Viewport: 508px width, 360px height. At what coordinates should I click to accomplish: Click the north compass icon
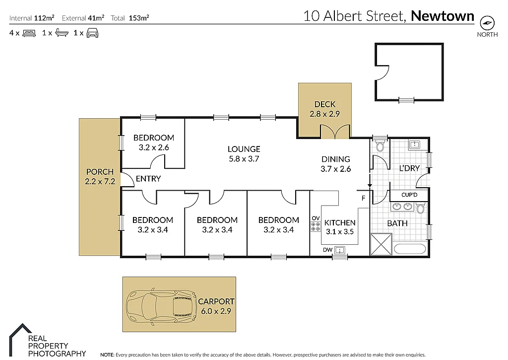pyautogui.click(x=488, y=22)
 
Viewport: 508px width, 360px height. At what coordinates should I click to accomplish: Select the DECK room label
pyautogui.click(x=325, y=104)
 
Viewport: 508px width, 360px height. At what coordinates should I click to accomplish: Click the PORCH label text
pyautogui.click(x=100, y=172)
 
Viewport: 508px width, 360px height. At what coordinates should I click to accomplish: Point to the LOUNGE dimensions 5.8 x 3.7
pyautogui.click(x=244, y=159)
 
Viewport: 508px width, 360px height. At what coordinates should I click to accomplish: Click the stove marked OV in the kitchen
pyautogui.click(x=316, y=226)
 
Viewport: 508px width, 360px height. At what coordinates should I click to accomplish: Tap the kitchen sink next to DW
pyautogui.click(x=340, y=250)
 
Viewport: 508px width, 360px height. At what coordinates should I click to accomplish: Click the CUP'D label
pyautogui.click(x=409, y=195)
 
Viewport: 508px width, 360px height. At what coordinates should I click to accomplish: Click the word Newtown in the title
pyautogui.click(x=443, y=16)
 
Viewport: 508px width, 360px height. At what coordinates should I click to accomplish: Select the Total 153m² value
pyautogui.click(x=139, y=18)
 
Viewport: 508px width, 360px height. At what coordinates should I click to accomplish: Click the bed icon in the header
pyautogui.click(x=29, y=33)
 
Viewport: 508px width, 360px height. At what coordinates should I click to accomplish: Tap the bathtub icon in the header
pyautogui.click(x=62, y=33)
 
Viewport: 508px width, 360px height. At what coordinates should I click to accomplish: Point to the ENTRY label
pyautogui.click(x=148, y=179)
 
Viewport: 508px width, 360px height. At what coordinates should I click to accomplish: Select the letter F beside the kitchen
pyautogui.click(x=363, y=199)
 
